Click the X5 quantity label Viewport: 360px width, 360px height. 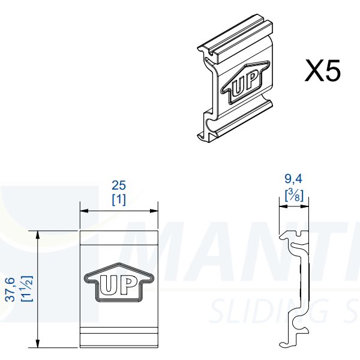coord(323,71)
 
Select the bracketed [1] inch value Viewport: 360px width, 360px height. coord(119,199)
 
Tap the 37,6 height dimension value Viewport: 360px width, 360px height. coord(10,289)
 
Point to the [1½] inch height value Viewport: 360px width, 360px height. coord(25,289)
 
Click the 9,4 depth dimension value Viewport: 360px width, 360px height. coord(293,178)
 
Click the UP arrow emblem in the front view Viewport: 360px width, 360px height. coord(119,283)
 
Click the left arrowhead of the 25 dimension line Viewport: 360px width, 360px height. coord(84,211)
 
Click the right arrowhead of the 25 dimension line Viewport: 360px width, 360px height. coord(155,211)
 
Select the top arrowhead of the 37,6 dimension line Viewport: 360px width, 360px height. coord(38,233)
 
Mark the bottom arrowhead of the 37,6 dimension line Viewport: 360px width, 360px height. coord(38,344)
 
